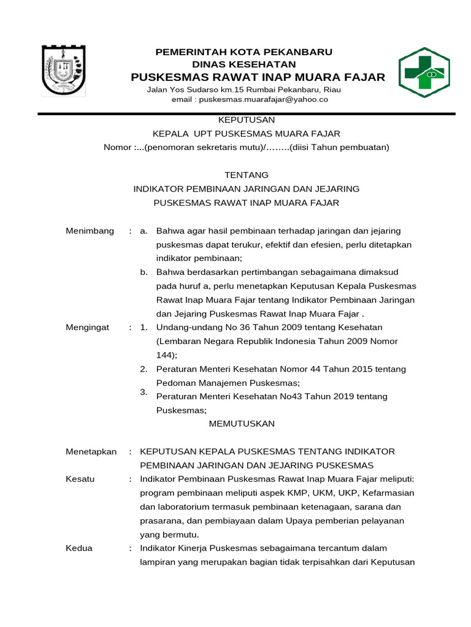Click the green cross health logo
(424, 72)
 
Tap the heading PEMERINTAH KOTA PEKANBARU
(244, 52)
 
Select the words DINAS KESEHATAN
(244, 64)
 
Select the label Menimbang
(90, 231)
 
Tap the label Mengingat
(87, 328)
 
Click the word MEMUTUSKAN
(242, 424)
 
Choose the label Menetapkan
(91, 451)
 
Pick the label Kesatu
(80, 479)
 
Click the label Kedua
(78, 548)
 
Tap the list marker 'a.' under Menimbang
(144, 231)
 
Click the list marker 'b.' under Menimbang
(144, 272)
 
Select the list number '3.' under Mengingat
(144, 392)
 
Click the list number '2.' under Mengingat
(144, 369)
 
